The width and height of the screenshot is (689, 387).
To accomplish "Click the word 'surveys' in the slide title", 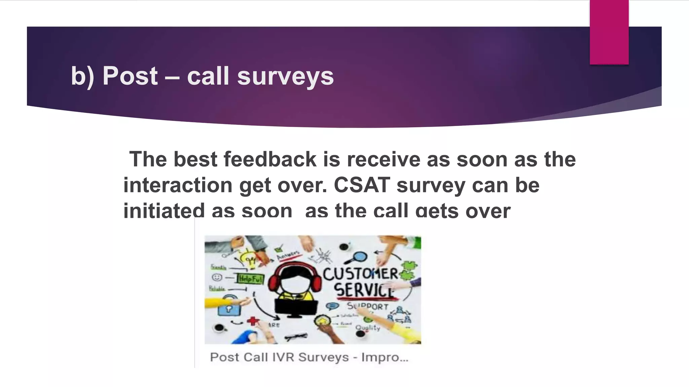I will tap(285, 76).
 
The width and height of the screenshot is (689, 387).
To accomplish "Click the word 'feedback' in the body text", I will tap(270, 159).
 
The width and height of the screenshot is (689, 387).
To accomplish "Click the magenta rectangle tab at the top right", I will tap(609, 32).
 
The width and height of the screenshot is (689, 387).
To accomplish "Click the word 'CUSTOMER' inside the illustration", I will tap(361, 274).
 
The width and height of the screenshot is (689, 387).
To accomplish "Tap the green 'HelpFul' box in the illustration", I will tap(250, 279).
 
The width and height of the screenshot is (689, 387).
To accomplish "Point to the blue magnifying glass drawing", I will tap(359, 257).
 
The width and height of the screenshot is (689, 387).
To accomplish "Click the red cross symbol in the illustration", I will tap(253, 321).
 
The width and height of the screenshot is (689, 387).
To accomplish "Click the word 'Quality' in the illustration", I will tap(368, 327).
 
